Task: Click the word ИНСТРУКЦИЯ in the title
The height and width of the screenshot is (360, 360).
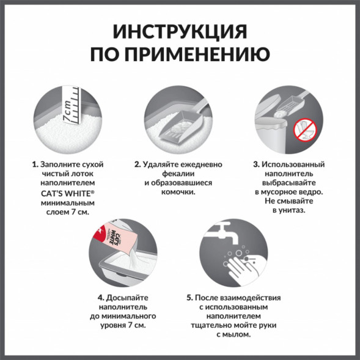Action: [x=180, y=32]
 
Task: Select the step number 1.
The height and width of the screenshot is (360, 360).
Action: [x=35, y=164]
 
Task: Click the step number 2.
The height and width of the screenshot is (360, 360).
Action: [x=138, y=164]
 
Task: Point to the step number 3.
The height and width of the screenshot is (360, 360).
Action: [x=255, y=164]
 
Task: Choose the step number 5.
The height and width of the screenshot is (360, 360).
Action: [x=189, y=298]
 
